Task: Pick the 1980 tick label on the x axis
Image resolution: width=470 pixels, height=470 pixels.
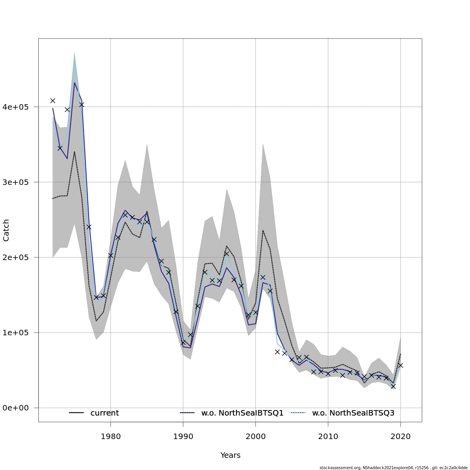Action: tap(110, 436)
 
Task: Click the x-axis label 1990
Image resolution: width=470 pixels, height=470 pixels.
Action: tap(183, 436)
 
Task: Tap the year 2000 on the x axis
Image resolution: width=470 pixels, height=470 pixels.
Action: tap(255, 436)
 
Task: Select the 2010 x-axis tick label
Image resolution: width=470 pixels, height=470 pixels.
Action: tap(328, 436)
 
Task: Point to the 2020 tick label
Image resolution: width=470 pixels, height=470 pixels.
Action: tap(400, 436)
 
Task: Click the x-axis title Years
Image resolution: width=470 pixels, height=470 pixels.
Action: tap(230, 455)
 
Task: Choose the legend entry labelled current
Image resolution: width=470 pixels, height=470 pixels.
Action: tap(105, 413)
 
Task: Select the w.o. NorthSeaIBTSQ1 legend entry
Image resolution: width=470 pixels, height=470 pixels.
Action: tap(242, 413)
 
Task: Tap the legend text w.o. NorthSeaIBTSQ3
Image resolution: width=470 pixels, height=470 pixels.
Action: tap(353, 413)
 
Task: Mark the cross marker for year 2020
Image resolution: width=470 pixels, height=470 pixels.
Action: tap(400, 365)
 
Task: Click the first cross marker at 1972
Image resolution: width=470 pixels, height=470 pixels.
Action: tap(52, 101)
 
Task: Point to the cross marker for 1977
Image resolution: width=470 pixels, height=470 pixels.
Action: tap(89, 227)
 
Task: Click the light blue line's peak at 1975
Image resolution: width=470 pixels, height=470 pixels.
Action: tap(74, 59)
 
